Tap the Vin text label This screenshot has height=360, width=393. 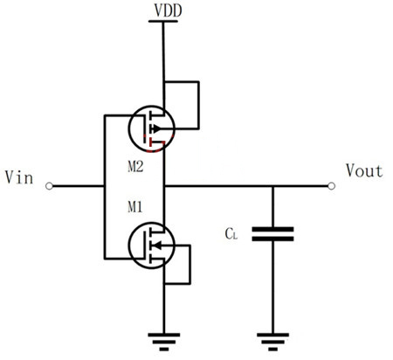pyautogui.click(x=19, y=178)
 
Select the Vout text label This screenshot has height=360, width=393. pyautogui.click(x=363, y=171)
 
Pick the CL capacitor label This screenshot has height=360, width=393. pyautogui.click(x=231, y=234)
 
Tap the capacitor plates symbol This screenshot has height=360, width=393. pyautogui.click(x=272, y=233)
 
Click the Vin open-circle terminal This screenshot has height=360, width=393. pyautogui.click(x=50, y=185)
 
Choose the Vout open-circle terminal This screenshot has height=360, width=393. pyautogui.click(x=330, y=185)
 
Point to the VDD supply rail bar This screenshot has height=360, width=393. pyautogui.click(x=163, y=23)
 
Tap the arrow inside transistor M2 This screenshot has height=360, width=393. pyautogui.click(x=157, y=128)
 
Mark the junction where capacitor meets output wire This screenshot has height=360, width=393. pyautogui.click(x=272, y=185)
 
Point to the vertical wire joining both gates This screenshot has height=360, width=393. pyautogui.click(x=104, y=185)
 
